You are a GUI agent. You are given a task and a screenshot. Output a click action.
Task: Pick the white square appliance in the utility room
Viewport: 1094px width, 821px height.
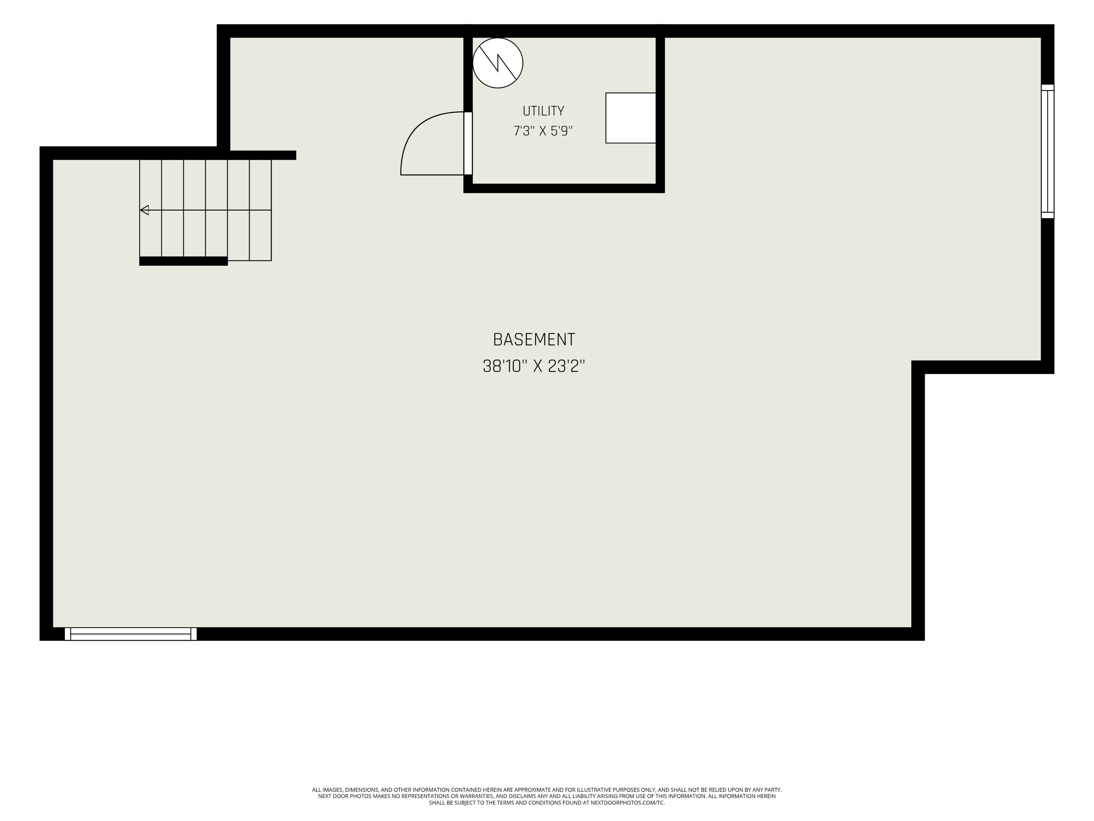631,118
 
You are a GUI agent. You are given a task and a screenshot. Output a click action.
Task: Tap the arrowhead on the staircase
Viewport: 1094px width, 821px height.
144,210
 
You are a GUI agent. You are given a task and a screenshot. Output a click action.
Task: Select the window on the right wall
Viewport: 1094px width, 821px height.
1048,151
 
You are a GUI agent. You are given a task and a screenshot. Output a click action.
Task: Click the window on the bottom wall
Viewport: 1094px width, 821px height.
131,634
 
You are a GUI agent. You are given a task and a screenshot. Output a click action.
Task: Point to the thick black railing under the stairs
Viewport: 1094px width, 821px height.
183,261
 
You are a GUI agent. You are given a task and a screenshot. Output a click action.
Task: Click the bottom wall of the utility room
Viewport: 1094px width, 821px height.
564,188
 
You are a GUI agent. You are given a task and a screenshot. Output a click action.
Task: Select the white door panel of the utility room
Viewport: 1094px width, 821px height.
468,143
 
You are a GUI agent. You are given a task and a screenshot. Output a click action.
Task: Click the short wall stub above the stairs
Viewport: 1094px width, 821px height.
263,155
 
